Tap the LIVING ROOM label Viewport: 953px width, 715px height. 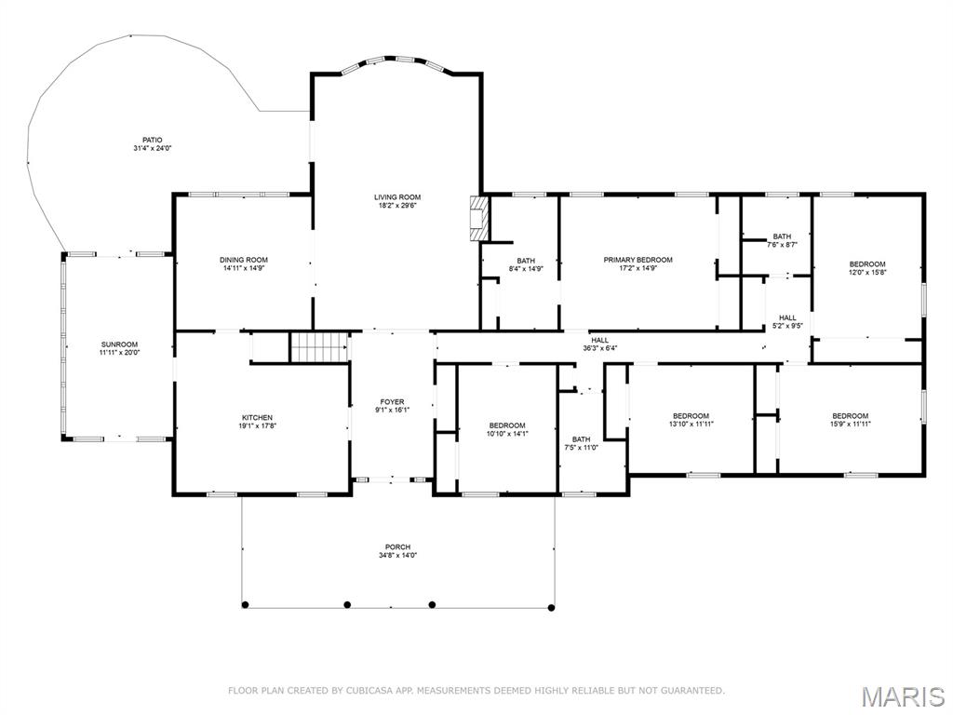point(397,197)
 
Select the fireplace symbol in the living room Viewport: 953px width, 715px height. point(479,218)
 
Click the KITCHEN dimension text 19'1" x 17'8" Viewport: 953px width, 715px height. point(257,426)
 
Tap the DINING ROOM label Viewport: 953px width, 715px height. point(244,260)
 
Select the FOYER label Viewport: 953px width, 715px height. point(392,402)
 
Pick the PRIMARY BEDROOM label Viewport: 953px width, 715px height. point(638,260)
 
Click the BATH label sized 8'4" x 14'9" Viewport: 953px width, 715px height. point(526,261)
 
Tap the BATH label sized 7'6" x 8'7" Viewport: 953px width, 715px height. point(782,236)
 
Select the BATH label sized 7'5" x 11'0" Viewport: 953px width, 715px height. point(581,439)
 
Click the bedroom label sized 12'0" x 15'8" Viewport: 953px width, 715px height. point(866,263)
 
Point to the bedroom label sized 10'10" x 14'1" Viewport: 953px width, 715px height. point(507,425)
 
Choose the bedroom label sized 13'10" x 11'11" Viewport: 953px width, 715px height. point(691,416)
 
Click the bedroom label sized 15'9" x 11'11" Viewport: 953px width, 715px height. point(850,416)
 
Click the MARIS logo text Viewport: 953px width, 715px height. point(904,696)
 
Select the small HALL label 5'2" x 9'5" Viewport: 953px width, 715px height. point(787,317)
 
